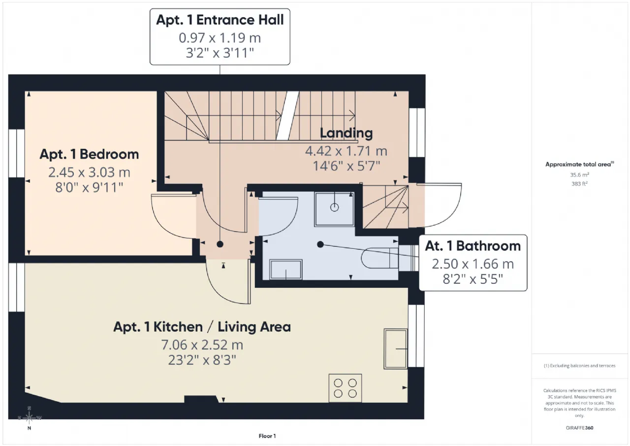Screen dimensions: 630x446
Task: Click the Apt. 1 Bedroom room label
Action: [x=89, y=154]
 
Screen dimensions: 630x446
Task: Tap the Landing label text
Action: [x=346, y=133]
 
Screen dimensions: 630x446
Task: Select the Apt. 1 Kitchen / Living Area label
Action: [x=202, y=327]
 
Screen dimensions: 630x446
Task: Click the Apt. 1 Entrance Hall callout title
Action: [x=220, y=20]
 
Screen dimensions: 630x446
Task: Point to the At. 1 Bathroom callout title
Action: [x=473, y=246]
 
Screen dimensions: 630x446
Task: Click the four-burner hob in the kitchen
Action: [x=345, y=388]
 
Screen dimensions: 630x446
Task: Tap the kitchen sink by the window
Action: [x=396, y=349]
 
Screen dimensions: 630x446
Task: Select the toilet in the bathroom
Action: [x=380, y=258]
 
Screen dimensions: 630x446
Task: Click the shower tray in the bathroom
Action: [x=334, y=209]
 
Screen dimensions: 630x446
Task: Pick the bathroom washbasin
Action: [x=286, y=270]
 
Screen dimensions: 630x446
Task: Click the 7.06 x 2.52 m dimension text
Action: [x=202, y=344]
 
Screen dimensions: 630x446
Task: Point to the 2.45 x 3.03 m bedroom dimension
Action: [x=89, y=172]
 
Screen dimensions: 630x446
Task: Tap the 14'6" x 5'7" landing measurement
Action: [x=346, y=166]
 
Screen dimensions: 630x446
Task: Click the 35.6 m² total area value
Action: [x=579, y=174]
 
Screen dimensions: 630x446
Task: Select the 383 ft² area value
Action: [x=579, y=184]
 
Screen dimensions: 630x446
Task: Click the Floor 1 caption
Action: [x=267, y=436]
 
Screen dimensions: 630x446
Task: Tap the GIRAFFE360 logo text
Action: [x=579, y=428]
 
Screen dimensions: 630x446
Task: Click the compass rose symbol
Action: [x=29, y=417]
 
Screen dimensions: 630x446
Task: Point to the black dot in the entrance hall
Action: [x=220, y=244]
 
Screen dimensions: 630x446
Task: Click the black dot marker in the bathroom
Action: [x=320, y=244]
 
